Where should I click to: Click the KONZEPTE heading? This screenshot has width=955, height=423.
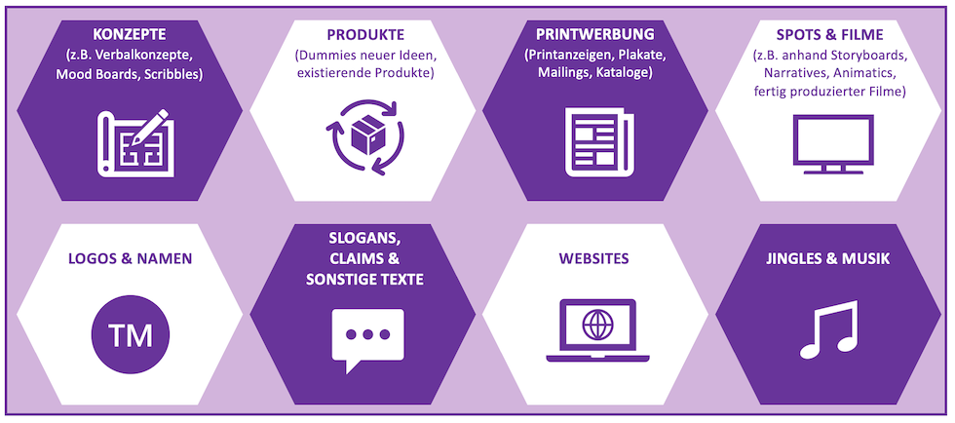pyautogui.click(x=130, y=32)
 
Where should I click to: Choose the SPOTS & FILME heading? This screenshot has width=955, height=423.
pyautogui.click(x=830, y=32)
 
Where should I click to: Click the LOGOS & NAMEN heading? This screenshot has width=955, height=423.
pyautogui.click(x=130, y=259)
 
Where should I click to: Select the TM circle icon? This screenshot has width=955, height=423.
pyautogui.click(x=131, y=336)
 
